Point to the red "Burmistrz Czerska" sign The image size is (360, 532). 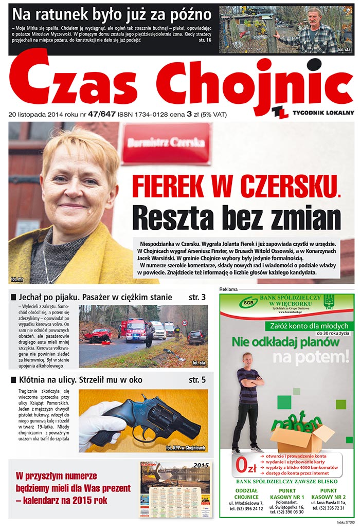click(166, 143)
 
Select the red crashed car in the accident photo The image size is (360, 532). click(98, 335)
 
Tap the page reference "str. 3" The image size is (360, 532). click(197, 297)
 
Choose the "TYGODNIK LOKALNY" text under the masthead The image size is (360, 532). click(323, 112)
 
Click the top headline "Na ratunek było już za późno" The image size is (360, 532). click(112, 14)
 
